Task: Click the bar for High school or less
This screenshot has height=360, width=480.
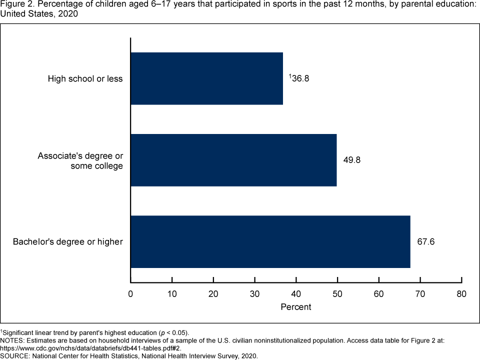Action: [x=206, y=78]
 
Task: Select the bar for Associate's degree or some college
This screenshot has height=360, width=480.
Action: [x=233, y=160]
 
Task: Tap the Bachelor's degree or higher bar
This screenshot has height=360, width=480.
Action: [x=270, y=241]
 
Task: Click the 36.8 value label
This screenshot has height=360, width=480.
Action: [x=300, y=78]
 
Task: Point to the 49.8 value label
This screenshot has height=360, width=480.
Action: [x=352, y=160]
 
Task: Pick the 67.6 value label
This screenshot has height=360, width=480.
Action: [x=426, y=241]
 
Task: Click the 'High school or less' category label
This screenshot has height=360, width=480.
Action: [x=85, y=78]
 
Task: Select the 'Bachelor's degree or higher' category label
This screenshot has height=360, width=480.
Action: [x=68, y=242]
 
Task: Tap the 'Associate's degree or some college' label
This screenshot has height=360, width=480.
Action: [x=80, y=160]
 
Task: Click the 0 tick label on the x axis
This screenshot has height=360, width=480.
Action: [x=130, y=294]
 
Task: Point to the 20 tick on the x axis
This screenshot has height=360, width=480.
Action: [x=213, y=294]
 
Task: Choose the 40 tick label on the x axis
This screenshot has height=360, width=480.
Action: [x=296, y=294]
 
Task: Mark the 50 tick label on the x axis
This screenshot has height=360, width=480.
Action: [x=337, y=294]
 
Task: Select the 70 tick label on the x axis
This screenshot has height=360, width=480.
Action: [x=420, y=294]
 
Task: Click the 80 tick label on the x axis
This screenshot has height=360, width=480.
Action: [x=461, y=294]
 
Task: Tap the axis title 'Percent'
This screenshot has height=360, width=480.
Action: [x=296, y=306]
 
